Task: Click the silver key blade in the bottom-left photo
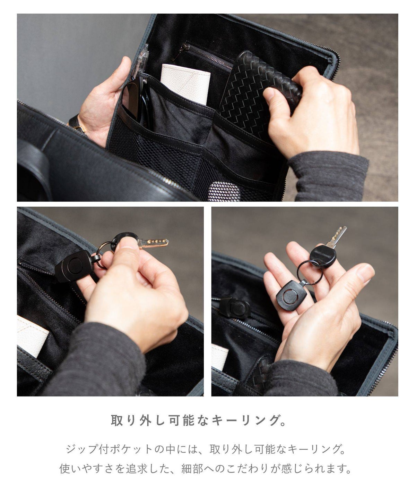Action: coord(153,243)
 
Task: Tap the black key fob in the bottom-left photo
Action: coord(75,266)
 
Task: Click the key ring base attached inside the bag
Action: coord(235,307)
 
